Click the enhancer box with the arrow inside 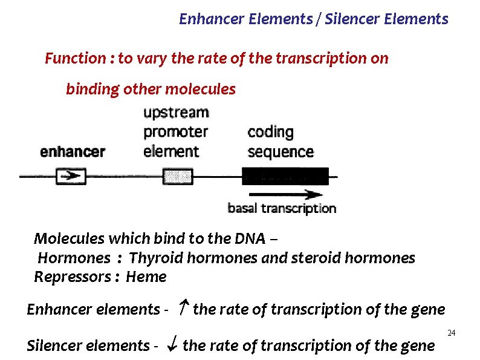pos(71,177)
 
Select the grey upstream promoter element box pos(177,177)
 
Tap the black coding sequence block pos(285,176)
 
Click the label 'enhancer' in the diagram pos(73,152)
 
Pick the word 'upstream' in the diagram pos(176,113)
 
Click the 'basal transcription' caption pos(281,209)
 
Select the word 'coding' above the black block pos(270,132)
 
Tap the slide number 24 pos(451,333)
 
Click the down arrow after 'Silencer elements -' pos(172,345)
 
